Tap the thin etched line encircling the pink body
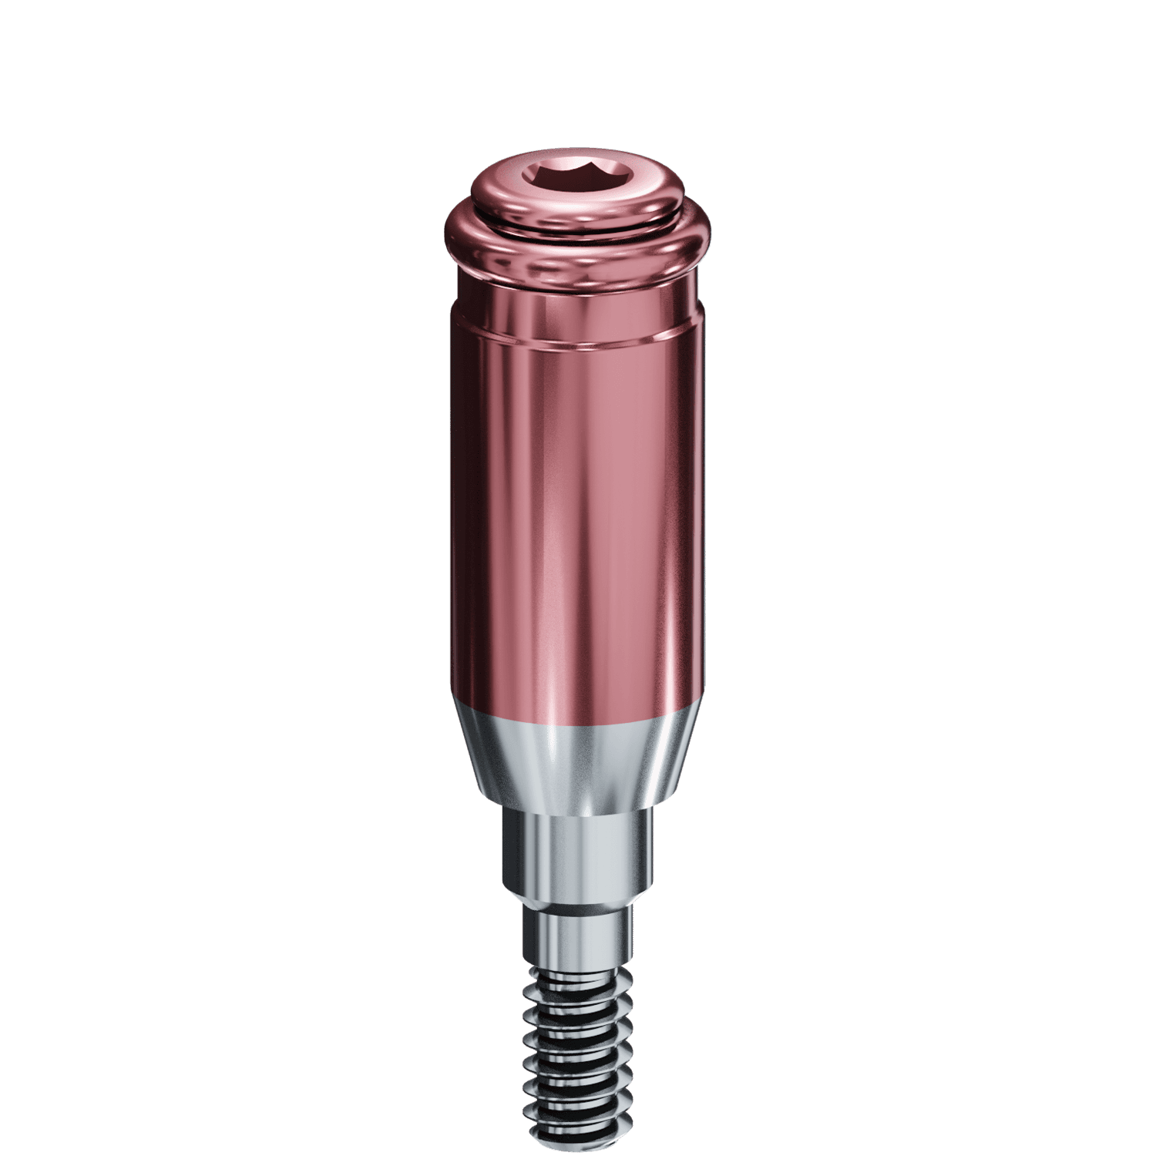(578, 339)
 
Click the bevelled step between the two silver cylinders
(578, 900)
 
